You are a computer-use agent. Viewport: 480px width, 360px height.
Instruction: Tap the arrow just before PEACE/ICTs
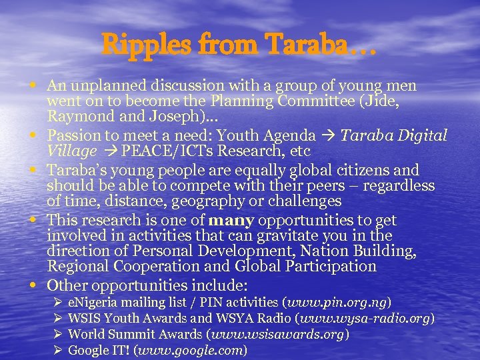click(106, 151)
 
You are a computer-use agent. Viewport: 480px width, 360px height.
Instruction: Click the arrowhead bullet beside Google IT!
click(57, 349)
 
